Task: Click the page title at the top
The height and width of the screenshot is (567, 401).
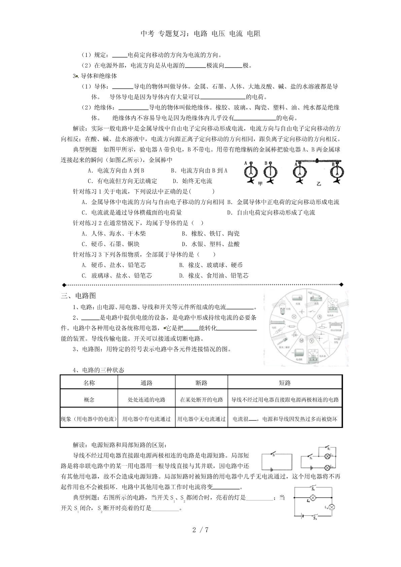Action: pyautogui.click(x=200, y=33)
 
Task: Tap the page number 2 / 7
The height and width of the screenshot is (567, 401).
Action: pyautogui.click(x=200, y=530)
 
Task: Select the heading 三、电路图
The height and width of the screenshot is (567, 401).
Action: pyautogui.click(x=78, y=296)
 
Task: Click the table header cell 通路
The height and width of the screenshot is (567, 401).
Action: pyautogui.click(x=146, y=383)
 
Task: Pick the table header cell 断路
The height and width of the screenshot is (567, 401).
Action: pyautogui.click(x=201, y=383)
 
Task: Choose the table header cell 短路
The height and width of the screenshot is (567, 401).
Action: pyautogui.click(x=285, y=383)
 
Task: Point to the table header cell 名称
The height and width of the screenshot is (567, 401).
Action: pyautogui.click(x=89, y=383)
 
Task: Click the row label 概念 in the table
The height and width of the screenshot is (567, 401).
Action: pyautogui.click(x=89, y=400)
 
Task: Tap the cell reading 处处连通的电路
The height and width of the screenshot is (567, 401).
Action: pyautogui.click(x=146, y=400)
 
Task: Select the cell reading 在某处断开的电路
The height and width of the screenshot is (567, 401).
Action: pyautogui.click(x=201, y=400)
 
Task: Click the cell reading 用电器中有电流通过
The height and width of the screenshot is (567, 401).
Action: pyautogui.click(x=146, y=419)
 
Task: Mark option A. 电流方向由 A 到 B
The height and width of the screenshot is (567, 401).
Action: pyautogui.click(x=116, y=171)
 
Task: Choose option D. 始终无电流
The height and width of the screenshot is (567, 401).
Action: pyautogui.click(x=192, y=181)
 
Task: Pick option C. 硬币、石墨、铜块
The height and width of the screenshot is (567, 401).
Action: pyautogui.click(x=111, y=244)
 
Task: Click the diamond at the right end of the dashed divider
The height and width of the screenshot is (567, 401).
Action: pyautogui.click(x=341, y=285)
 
